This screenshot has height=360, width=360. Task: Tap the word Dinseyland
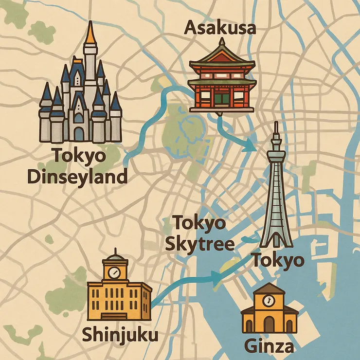pos(77,177)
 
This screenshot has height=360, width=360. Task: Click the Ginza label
pos(269,346)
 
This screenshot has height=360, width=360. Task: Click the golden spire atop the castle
pos(90,33)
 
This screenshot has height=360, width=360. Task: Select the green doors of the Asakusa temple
pos(221,99)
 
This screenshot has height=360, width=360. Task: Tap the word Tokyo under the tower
pos(277,261)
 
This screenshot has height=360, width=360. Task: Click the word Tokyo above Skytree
pos(199,224)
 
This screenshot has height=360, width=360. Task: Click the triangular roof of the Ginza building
pos(269,290)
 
